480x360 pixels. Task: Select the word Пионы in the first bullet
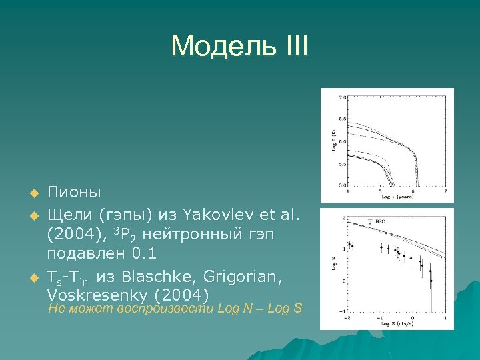pyautogui.click(x=74, y=193)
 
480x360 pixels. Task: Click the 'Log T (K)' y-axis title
pyautogui.click(x=333, y=142)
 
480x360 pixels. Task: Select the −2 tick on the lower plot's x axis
pyautogui.click(x=347, y=318)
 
